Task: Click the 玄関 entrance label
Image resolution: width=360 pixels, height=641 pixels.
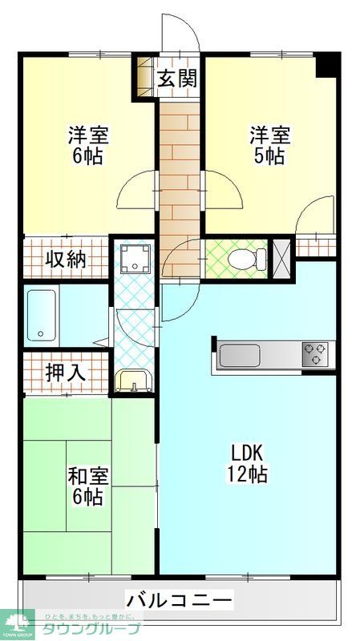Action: [x=177, y=79]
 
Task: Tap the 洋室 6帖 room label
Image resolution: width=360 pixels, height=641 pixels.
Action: [x=87, y=144]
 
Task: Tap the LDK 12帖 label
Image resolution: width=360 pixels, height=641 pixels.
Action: [x=247, y=462]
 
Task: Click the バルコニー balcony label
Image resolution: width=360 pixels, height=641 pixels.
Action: [x=179, y=599]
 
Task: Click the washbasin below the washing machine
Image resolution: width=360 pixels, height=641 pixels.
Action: [x=132, y=380]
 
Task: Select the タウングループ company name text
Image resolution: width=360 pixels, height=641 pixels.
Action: [x=91, y=629]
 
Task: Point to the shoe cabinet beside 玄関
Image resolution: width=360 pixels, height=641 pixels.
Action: [x=144, y=77]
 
